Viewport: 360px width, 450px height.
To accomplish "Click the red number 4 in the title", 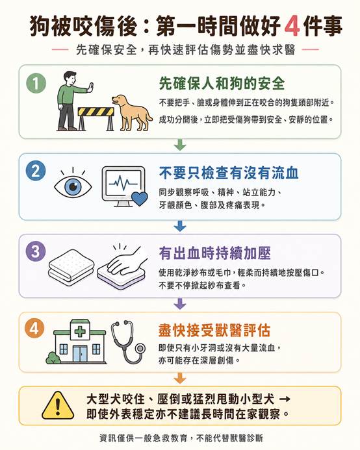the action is point(292,27).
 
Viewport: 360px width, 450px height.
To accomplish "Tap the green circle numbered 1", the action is point(36,83).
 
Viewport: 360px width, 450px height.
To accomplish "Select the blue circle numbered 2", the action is point(36,171).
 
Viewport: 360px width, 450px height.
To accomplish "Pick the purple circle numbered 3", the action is point(36,251).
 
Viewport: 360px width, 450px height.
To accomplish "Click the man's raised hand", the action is point(91,87).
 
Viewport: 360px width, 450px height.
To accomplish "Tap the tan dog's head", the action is point(120,101).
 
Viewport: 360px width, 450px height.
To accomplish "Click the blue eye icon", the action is point(73,186).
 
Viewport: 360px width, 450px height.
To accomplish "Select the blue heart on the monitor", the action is point(139,199).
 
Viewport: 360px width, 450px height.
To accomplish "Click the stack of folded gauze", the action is point(71,268).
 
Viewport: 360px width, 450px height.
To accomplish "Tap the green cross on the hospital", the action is point(80,332).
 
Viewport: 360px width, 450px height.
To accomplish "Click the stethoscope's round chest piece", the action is point(140,349).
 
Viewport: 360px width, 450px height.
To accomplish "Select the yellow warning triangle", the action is point(58,405).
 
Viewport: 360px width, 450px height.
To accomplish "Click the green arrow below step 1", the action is point(180,145).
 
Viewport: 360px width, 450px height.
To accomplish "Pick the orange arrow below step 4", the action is point(180,378).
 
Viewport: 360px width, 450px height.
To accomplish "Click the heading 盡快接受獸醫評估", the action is point(214,331).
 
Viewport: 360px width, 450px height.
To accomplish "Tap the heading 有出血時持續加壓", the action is point(214,253).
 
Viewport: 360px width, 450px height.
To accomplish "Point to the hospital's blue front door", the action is point(79,354).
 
